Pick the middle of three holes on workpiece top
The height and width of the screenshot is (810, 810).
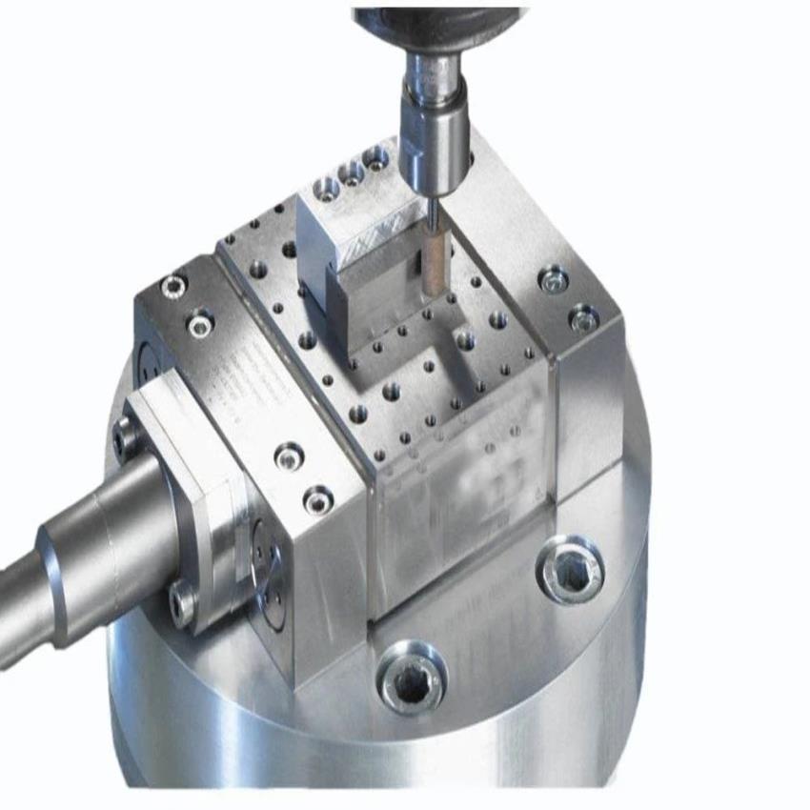351,172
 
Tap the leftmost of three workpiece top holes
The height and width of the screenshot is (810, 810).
327,183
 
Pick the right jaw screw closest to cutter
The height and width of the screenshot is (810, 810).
554,280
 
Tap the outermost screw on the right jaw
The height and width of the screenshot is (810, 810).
583,318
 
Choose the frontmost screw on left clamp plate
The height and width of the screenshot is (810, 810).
316,497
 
